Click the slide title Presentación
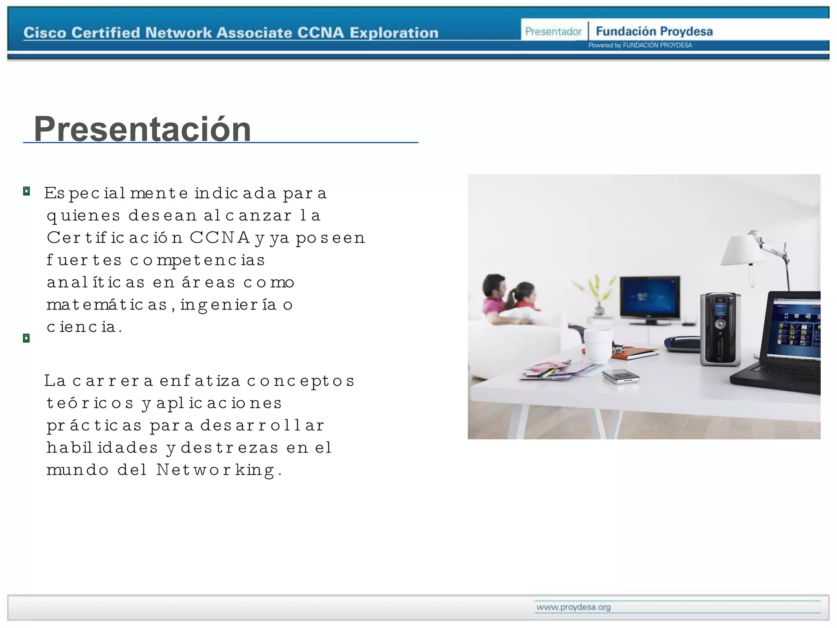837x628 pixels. pos(142,129)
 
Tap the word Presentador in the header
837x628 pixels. pos(553,31)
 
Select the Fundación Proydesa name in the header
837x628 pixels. pos(654,31)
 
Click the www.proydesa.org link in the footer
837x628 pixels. pos(573,607)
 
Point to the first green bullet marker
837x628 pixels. pos(27,191)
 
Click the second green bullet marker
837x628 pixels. pos(27,338)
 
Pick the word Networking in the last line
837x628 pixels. pos(216,470)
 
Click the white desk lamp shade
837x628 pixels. pos(742,249)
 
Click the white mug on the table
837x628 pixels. pos(598,345)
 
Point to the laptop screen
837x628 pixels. pos(795,331)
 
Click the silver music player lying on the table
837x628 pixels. pos(620,376)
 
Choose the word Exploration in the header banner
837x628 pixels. pos(394,33)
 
